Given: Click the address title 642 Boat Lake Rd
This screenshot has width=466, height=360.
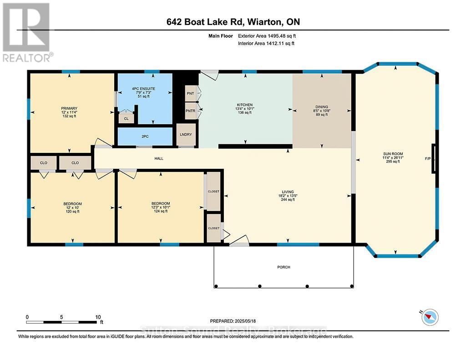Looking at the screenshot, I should coord(233,22).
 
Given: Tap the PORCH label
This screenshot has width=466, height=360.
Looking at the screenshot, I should coord(284,267).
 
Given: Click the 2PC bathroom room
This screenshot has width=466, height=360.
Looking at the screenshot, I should coord(145,137).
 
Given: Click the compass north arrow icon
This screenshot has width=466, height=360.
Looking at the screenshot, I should coord(430,317).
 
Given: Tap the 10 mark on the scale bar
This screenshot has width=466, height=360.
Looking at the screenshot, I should coord(98,317).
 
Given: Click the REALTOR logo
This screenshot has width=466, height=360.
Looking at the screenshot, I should coord(27,32).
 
